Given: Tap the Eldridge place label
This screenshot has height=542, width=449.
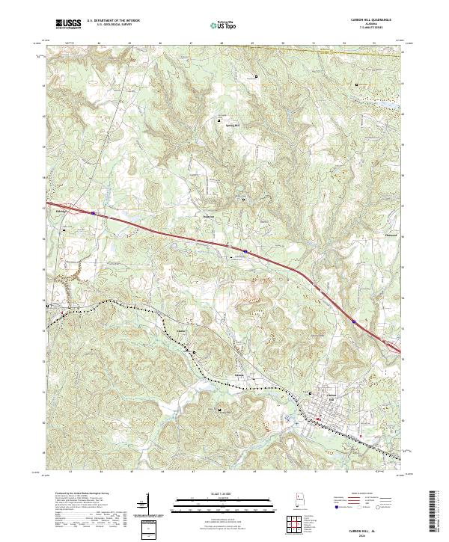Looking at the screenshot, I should (59, 212).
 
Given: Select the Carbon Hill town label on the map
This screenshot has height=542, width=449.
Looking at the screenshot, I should (330, 397).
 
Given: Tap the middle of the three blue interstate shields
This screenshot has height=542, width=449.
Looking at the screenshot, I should (245, 250).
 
